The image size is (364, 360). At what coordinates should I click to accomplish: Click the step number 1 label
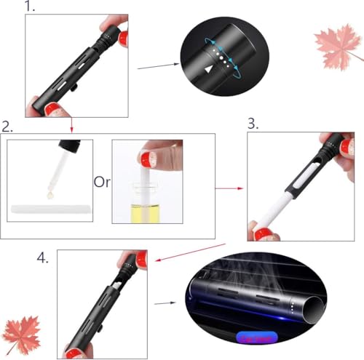[x=30, y=6]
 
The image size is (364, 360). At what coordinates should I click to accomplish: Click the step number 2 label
[x=7, y=127]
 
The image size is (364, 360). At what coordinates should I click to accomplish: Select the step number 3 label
[x=253, y=124]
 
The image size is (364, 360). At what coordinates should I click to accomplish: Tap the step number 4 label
[x=43, y=257]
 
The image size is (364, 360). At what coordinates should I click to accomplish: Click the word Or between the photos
[x=102, y=182]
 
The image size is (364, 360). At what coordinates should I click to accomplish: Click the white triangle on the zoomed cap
[x=208, y=70]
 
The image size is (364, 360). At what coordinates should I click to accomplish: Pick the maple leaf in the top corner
[x=339, y=47]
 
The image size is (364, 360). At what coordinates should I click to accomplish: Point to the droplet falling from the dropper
[x=50, y=195]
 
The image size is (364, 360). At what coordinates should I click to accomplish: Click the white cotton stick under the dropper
[x=51, y=209]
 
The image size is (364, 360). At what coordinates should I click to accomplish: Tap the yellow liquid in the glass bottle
[x=146, y=214]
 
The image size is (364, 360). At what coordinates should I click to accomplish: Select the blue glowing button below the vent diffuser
[x=256, y=338]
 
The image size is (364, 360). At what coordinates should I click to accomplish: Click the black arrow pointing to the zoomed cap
[x=158, y=66]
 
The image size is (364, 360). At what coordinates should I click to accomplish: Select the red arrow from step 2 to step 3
[x=229, y=188]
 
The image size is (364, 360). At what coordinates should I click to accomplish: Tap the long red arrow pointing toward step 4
[x=191, y=252]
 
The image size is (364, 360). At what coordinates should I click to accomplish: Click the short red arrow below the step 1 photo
[x=71, y=125]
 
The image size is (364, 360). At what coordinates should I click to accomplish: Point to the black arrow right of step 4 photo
[x=165, y=303]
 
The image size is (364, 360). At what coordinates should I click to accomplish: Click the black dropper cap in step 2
[x=70, y=146]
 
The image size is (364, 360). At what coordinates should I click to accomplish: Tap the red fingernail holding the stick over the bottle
[x=148, y=158]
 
